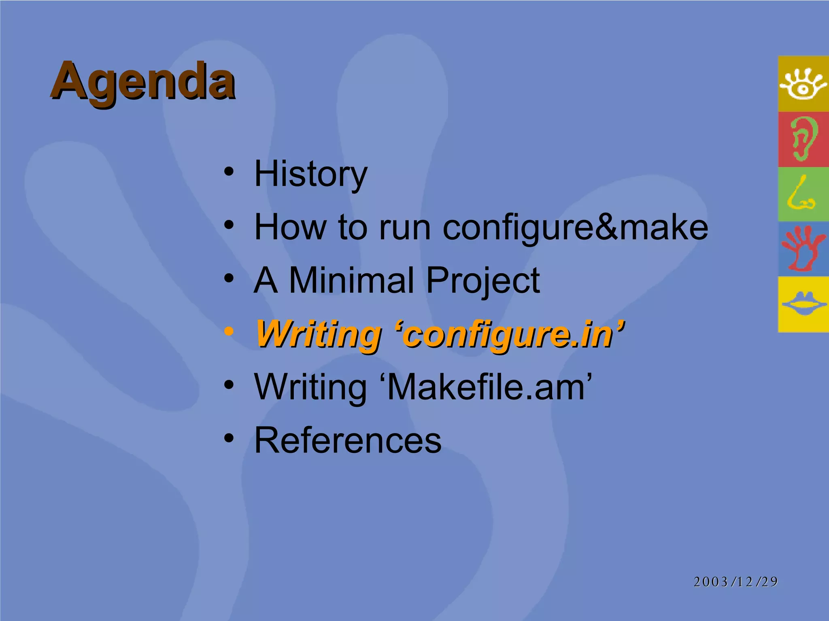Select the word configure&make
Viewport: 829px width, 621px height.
pyautogui.click(x=575, y=228)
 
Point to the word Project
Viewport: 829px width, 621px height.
pyautogui.click(x=483, y=281)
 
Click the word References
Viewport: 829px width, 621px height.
pyautogui.click(x=348, y=440)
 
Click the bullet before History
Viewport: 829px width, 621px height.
pyautogui.click(x=229, y=171)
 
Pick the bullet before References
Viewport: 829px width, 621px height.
pyautogui.click(x=229, y=438)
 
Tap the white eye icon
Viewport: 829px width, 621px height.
pyautogui.click(x=803, y=84)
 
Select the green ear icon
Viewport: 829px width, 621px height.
pyautogui.click(x=803, y=139)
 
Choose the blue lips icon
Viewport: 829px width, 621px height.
pyautogui.click(x=803, y=304)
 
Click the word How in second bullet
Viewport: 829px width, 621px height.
pyautogui.click(x=290, y=227)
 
